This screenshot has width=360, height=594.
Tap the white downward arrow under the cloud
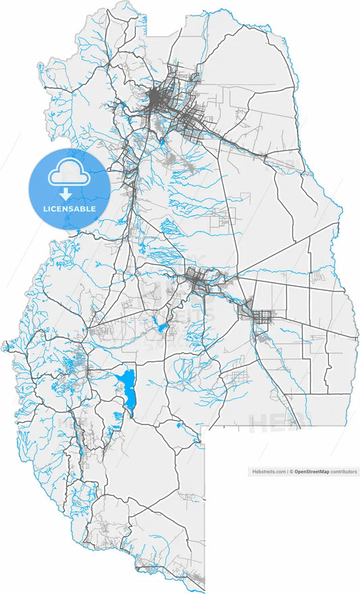coord(66,194)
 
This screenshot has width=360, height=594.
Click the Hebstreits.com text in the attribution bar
coord(268,472)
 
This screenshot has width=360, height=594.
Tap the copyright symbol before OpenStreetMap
coord(292,472)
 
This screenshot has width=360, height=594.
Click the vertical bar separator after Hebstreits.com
coord(287,472)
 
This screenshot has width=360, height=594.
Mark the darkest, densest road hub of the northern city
coord(157,99)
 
